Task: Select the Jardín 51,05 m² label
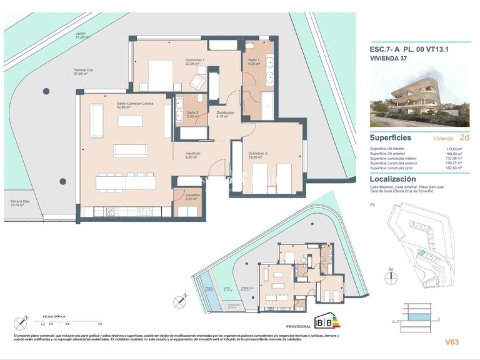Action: (80, 35)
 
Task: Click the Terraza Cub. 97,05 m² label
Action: (84, 71)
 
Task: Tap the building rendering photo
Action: (419, 96)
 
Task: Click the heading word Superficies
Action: (391, 137)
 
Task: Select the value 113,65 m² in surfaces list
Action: (454, 149)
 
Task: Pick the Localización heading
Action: (394, 179)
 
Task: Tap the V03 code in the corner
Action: (452, 342)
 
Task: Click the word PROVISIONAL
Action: (299, 326)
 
